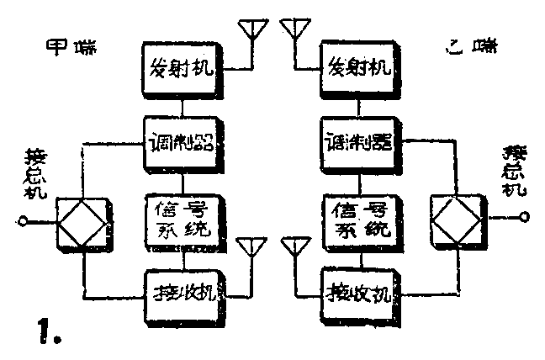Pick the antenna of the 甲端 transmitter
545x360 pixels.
251,30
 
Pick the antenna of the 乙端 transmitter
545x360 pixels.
294,30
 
